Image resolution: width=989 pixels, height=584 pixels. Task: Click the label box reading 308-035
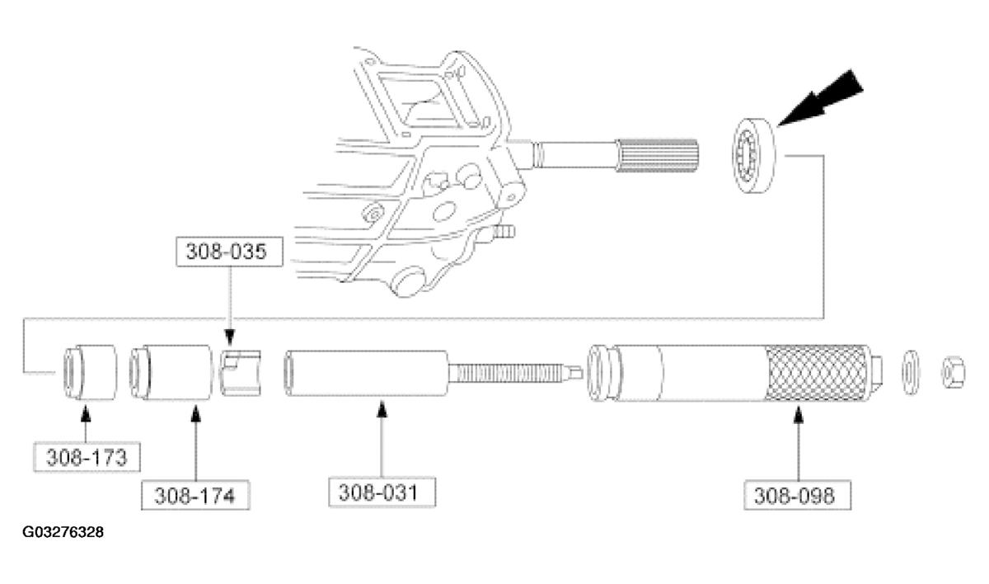click(x=229, y=252)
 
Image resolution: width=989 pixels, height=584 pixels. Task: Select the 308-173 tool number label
click(x=87, y=457)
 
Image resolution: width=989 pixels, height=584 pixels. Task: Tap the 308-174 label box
click(x=195, y=495)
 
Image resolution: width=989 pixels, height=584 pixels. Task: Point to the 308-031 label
click(x=382, y=492)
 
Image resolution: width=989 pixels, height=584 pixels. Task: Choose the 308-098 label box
click(x=798, y=495)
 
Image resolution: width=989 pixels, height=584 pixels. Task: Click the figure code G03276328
click(x=63, y=532)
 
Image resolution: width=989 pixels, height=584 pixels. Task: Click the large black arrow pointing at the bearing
click(x=820, y=98)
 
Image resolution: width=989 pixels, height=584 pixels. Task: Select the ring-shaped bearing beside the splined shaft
click(x=754, y=155)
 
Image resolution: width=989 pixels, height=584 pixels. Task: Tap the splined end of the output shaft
click(x=657, y=155)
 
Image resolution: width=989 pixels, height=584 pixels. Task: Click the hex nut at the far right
click(x=954, y=372)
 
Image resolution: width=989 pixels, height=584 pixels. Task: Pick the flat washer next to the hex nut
click(x=911, y=372)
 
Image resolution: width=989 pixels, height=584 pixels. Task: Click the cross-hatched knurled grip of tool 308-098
click(x=817, y=374)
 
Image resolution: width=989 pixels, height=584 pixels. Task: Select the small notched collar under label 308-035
click(x=241, y=373)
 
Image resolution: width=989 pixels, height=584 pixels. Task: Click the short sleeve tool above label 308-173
click(x=90, y=372)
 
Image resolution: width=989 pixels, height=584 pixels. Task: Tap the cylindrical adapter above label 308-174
click(x=171, y=372)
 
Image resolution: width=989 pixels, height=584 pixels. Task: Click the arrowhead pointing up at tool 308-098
click(x=798, y=415)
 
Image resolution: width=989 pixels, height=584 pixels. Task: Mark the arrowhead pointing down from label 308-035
click(x=229, y=337)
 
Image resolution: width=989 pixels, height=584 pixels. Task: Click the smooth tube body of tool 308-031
click(x=367, y=374)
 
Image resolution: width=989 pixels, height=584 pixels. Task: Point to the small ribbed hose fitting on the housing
click(x=504, y=232)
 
